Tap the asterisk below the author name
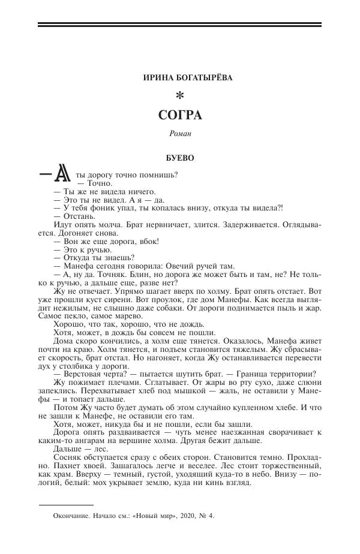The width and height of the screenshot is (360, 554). (179, 95)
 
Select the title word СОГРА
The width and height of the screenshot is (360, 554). (179, 115)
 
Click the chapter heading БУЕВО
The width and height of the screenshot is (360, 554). (179, 159)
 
